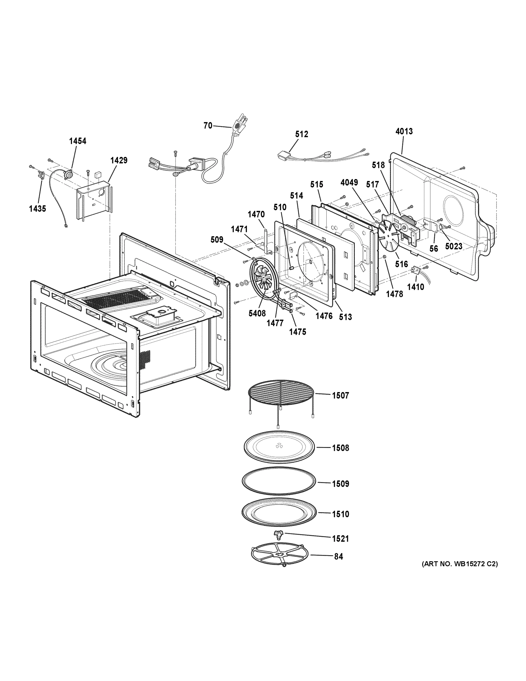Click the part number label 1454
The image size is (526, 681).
coord(78,141)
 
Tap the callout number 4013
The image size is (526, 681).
coord(404,131)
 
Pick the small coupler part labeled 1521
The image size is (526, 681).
coord(278,535)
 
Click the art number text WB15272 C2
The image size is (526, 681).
coord(460,564)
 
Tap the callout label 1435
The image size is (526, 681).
coord(37,209)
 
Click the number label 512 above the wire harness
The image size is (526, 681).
coord(301,134)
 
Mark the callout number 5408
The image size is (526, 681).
coord(257,313)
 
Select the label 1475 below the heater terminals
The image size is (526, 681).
coord(297,332)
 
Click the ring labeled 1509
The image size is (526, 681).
coord(279,485)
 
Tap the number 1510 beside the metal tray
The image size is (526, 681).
coord(340,514)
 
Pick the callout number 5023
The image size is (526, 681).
coord(453,246)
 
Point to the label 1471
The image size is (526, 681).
coord(239,229)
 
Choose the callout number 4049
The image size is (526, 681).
coord(349,182)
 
